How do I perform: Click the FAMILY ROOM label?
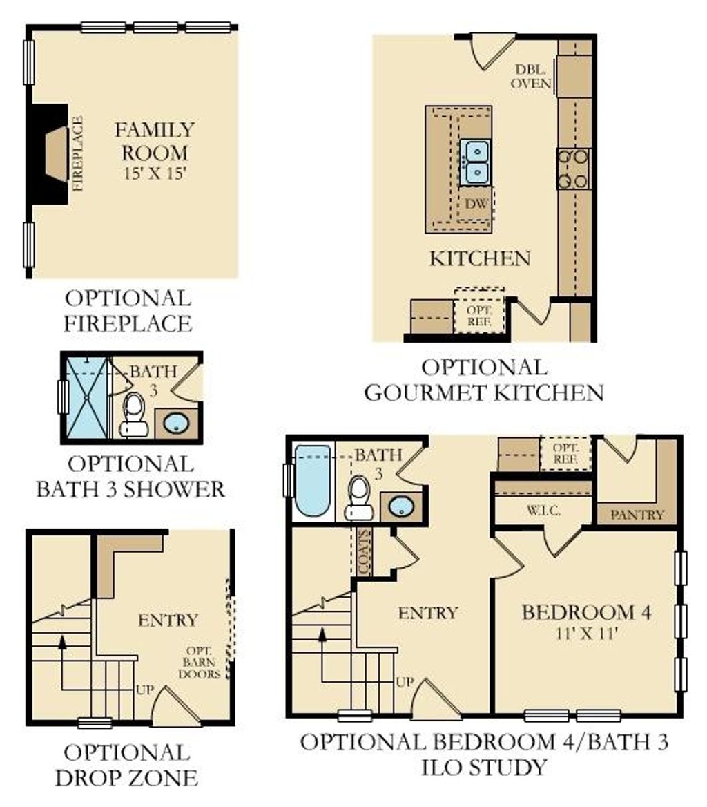click(155, 140)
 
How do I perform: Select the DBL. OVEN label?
click(533, 76)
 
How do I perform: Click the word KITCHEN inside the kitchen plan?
click(480, 259)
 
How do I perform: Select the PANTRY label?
click(637, 514)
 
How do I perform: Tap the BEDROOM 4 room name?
click(586, 612)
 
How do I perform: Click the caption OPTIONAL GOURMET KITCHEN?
click(483, 379)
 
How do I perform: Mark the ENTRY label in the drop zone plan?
click(168, 620)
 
